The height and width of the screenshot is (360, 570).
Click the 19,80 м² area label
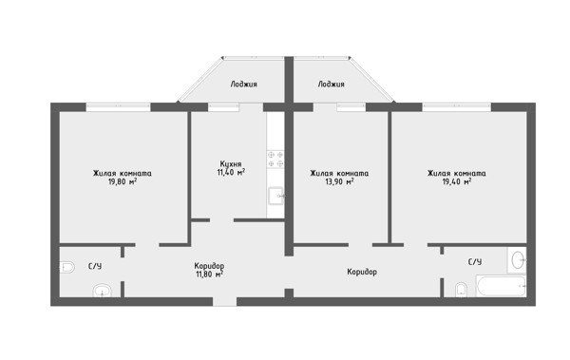(x=123, y=181)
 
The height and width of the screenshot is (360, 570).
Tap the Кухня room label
(x=231, y=164)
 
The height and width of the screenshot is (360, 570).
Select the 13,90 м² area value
(x=339, y=181)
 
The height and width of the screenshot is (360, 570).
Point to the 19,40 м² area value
(x=457, y=181)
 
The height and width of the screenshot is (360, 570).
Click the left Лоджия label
(x=243, y=85)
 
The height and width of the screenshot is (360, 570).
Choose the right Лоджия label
(x=332, y=85)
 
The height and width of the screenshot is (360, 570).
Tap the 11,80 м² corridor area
(x=209, y=275)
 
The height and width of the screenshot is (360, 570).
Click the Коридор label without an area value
(x=362, y=272)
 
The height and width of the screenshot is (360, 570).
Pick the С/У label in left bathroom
(x=95, y=266)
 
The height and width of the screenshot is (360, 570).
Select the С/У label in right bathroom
(x=475, y=262)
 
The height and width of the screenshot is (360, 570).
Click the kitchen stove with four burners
(x=275, y=160)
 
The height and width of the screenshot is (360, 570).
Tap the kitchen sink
(x=276, y=196)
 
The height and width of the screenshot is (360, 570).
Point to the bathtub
(x=502, y=286)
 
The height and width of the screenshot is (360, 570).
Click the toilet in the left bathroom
(x=67, y=267)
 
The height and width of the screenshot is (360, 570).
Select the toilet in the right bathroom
(x=461, y=290)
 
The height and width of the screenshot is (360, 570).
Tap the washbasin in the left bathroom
(x=103, y=291)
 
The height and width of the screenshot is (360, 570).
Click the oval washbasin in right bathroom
(x=518, y=259)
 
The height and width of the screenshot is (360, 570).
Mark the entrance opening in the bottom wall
(x=224, y=301)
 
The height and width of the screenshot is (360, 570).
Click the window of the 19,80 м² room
(x=118, y=107)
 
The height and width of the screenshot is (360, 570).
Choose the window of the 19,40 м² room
(x=457, y=107)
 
